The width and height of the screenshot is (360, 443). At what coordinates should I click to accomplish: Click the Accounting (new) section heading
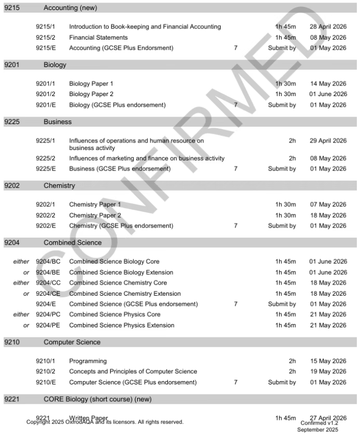pyautogui.click(x=70, y=8)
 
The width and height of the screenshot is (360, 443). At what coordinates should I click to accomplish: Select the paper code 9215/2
pyautogui.click(x=45, y=37)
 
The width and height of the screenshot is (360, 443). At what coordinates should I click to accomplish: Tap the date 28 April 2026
pyautogui.click(x=328, y=27)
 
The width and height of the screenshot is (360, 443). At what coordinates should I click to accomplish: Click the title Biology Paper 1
pyautogui.click(x=91, y=83)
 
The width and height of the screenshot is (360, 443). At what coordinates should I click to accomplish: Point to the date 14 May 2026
pyautogui.click(x=328, y=83)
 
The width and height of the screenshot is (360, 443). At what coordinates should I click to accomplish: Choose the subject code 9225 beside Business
pyautogui.click(x=12, y=121)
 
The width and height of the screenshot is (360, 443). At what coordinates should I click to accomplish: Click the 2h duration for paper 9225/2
pyautogui.click(x=292, y=158)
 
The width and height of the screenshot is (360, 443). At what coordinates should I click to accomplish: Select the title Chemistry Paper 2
pyautogui.click(x=95, y=215)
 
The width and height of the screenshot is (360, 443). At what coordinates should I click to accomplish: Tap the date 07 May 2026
pyautogui.click(x=328, y=204)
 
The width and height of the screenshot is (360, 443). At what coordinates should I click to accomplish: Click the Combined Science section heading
pyautogui.click(x=72, y=243)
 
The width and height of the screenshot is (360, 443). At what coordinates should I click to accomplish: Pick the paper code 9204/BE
pyautogui.click(x=48, y=272)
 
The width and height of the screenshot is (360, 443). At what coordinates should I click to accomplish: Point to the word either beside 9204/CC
pyautogui.click(x=21, y=283)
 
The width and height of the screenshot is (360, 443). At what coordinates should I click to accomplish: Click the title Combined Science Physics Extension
pyautogui.click(x=121, y=325)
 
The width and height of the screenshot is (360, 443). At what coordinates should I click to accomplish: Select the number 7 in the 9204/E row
pyautogui.click(x=235, y=304)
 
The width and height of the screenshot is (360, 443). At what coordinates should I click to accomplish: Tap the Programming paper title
pyautogui.click(x=88, y=361)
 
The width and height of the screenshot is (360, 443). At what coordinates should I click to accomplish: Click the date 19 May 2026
pyautogui.click(x=328, y=372)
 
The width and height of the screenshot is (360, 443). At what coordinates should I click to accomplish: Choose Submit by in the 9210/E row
pyautogui.click(x=282, y=382)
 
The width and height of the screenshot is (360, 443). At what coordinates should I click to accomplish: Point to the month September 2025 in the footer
pyautogui.click(x=318, y=430)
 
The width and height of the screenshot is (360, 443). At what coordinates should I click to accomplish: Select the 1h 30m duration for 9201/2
pyautogui.click(x=286, y=94)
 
